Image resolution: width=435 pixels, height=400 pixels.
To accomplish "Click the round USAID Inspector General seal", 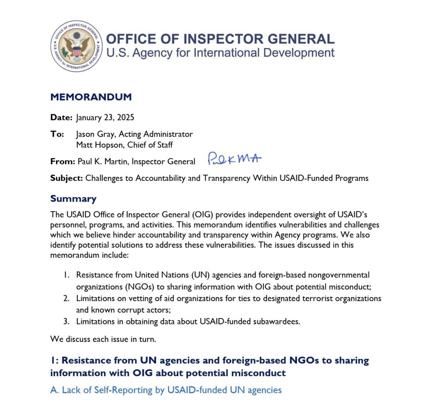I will coord(76,46).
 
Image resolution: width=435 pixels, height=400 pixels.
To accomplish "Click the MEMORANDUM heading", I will coord(91,97).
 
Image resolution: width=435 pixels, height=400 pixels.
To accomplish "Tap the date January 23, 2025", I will coord(105,117).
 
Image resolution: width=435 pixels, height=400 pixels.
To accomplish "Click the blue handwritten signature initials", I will coord(234,159).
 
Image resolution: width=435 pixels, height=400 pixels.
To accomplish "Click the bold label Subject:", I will coord(67,178).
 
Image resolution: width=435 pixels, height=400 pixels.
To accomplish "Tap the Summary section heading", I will coord(73,199).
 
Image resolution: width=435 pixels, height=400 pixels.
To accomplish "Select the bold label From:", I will coord(63,161).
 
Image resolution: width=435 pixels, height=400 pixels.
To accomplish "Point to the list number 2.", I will coord(66,298).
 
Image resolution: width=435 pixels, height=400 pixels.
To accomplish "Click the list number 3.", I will coord(66,321).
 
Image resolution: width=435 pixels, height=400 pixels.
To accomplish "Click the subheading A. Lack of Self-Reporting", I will coord(166,389).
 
